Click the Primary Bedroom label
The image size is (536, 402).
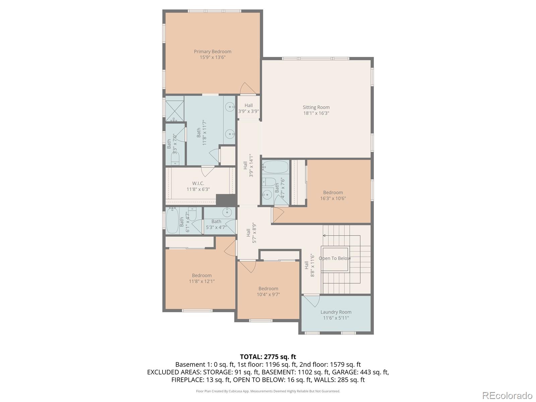coord(212,52)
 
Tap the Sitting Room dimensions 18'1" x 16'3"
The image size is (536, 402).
coord(316,113)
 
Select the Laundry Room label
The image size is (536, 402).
coord(336,312)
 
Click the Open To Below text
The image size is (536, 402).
coord(334,258)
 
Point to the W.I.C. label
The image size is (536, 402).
coord(198,183)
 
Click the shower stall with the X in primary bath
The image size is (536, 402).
coord(175,108)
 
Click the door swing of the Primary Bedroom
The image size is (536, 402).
coord(247,88)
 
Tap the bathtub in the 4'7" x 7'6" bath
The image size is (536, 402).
coord(275,166)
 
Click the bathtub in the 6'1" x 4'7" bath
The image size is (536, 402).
coord(172,220)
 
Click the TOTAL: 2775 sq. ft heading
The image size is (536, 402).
coord(268,357)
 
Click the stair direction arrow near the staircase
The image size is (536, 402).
coord(324,236)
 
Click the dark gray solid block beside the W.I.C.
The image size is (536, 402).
coord(226,200)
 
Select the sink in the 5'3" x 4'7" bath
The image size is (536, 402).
coord(227,212)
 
